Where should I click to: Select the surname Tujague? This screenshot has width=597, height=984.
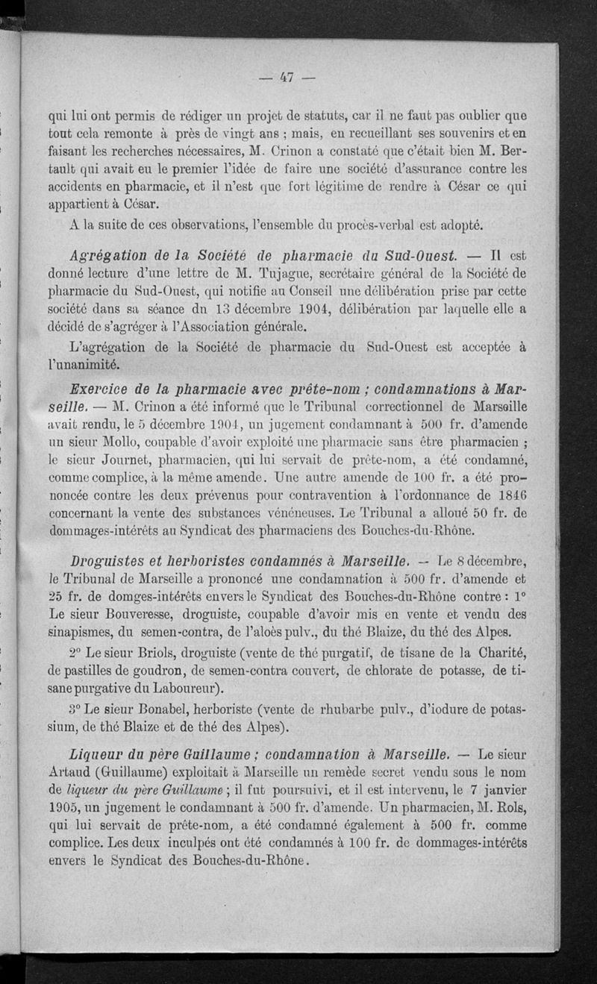point(284,271)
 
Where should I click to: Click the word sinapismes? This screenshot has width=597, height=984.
point(81,631)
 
